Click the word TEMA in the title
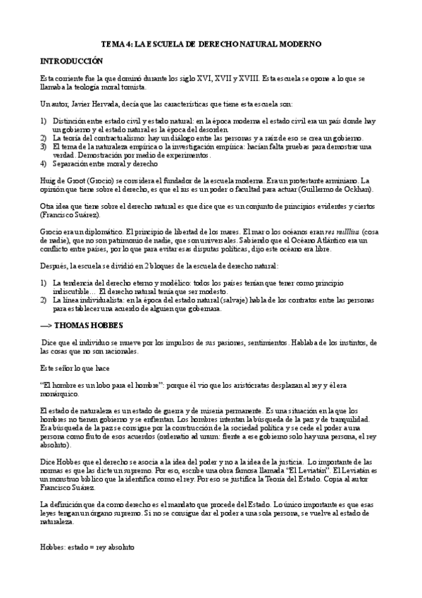112,44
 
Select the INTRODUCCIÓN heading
73,61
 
